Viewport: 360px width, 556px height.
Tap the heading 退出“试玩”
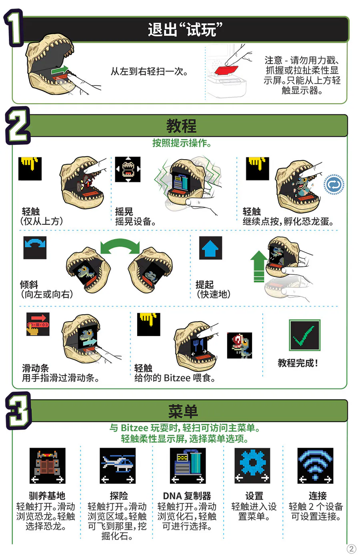(x=185, y=30)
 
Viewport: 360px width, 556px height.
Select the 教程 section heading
(x=182, y=126)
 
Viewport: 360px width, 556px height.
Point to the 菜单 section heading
(x=183, y=411)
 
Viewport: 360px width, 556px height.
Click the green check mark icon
(x=304, y=335)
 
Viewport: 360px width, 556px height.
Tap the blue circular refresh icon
(x=334, y=184)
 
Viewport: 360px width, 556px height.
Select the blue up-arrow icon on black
(x=210, y=248)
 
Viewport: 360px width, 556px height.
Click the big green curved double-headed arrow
(x=120, y=247)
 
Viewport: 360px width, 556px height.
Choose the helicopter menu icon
(x=118, y=466)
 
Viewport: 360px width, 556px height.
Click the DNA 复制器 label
(x=187, y=496)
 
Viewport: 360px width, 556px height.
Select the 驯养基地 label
(x=47, y=496)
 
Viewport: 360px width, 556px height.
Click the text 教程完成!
(x=298, y=363)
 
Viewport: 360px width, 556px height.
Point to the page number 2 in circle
(x=351, y=549)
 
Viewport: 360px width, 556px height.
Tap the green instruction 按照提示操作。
(x=182, y=143)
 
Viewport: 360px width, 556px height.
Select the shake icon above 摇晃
(x=128, y=169)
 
